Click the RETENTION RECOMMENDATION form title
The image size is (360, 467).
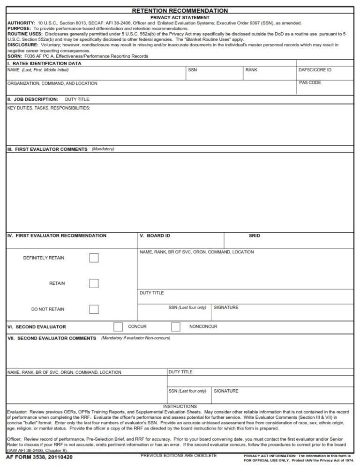[180, 10]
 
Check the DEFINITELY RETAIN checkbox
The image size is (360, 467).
[94, 258]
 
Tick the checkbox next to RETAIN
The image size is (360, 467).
[94, 283]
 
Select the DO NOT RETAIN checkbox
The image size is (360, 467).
[94, 309]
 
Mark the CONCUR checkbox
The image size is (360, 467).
[118, 326]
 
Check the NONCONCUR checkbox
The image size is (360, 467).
[176, 326]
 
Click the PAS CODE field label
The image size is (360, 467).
[310, 82]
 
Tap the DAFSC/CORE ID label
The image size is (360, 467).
[315, 70]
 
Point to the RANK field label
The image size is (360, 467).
[251, 70]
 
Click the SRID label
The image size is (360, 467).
[254, 236]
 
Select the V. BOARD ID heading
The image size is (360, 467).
[155, 236]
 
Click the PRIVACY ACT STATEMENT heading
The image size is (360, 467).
[180, 17]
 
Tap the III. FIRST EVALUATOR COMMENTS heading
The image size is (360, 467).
[47, 149]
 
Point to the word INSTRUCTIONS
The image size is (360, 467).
[180, 406]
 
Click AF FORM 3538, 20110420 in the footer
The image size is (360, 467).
[39, 457]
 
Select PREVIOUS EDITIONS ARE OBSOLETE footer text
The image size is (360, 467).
[179, 455]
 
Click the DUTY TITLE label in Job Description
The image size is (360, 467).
[77, 99]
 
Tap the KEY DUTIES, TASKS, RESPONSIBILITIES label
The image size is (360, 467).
[49, 108]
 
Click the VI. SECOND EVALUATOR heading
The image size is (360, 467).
[37, 327]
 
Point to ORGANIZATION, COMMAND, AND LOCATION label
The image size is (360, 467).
[52, 83]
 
